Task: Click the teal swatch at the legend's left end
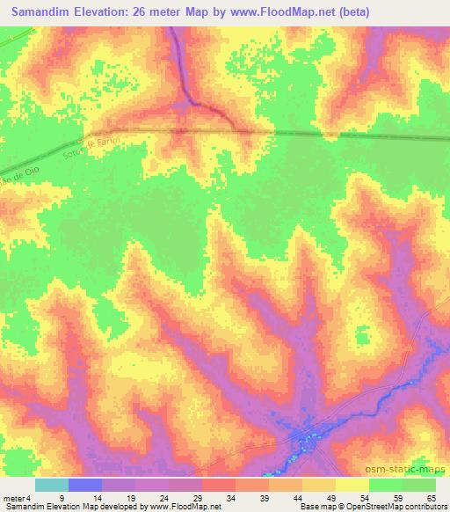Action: (52, 485)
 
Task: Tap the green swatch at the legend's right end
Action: (419, 485)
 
